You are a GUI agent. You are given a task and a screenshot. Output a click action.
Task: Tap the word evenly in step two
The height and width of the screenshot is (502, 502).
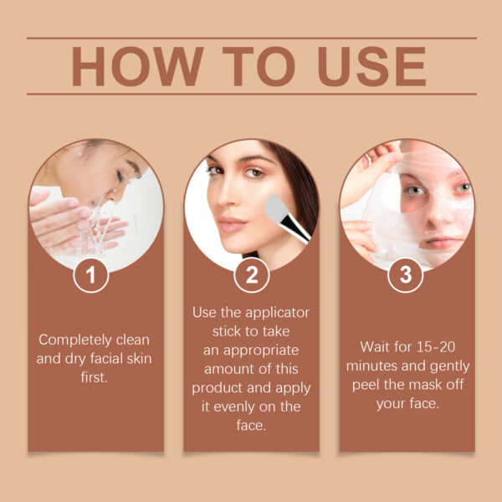(x=242, y=407)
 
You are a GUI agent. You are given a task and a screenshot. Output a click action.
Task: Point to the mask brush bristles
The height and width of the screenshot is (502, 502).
(x=277, y=203)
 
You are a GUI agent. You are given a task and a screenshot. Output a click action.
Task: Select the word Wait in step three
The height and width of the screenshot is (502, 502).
(x=376, y=346)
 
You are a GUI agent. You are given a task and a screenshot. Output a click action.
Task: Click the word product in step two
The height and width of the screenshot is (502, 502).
(x=217, y=388)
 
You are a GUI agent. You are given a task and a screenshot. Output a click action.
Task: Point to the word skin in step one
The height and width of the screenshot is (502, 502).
(x=136, y=359)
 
